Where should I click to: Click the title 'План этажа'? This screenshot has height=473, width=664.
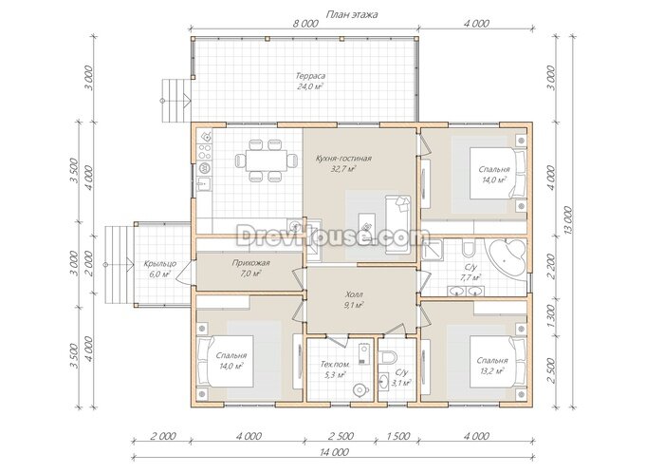coord(352,14)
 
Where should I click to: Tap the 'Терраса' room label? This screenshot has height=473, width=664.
coord(310,76)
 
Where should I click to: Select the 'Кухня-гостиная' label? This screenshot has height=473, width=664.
coord(343,159)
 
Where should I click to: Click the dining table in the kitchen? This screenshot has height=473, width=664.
coord(266,160)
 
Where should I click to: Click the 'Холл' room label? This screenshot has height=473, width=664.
coord(354,294)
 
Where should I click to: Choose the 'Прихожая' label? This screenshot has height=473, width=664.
coord(250,263)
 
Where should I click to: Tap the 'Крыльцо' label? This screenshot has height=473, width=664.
coord(159,264)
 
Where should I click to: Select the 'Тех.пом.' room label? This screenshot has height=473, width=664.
coord(335,365)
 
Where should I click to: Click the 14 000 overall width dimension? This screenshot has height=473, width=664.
coord(335,452)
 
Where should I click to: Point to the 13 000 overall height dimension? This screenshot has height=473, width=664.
coord(568,220)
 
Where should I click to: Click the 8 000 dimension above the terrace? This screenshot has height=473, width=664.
coord(304,24)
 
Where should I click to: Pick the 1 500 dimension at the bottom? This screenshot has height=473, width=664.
coord(398,436)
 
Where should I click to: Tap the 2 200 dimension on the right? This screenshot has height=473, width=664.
coord(551,265)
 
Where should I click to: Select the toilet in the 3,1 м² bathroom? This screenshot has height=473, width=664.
coord(388,355)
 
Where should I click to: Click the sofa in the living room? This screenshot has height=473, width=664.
coord(397,224)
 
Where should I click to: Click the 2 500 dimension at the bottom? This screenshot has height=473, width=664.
coord(341,436)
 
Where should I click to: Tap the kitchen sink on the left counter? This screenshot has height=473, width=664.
coord(204,184)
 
